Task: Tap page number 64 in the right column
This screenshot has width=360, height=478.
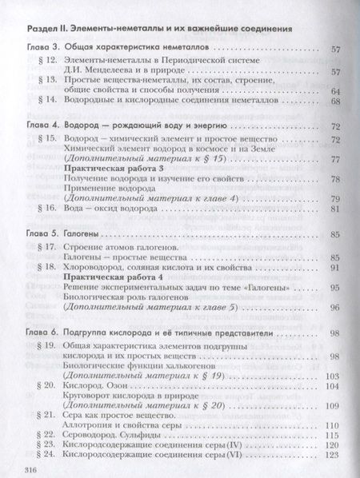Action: coord(336,93)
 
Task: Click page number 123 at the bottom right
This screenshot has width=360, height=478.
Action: coord(334,454)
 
